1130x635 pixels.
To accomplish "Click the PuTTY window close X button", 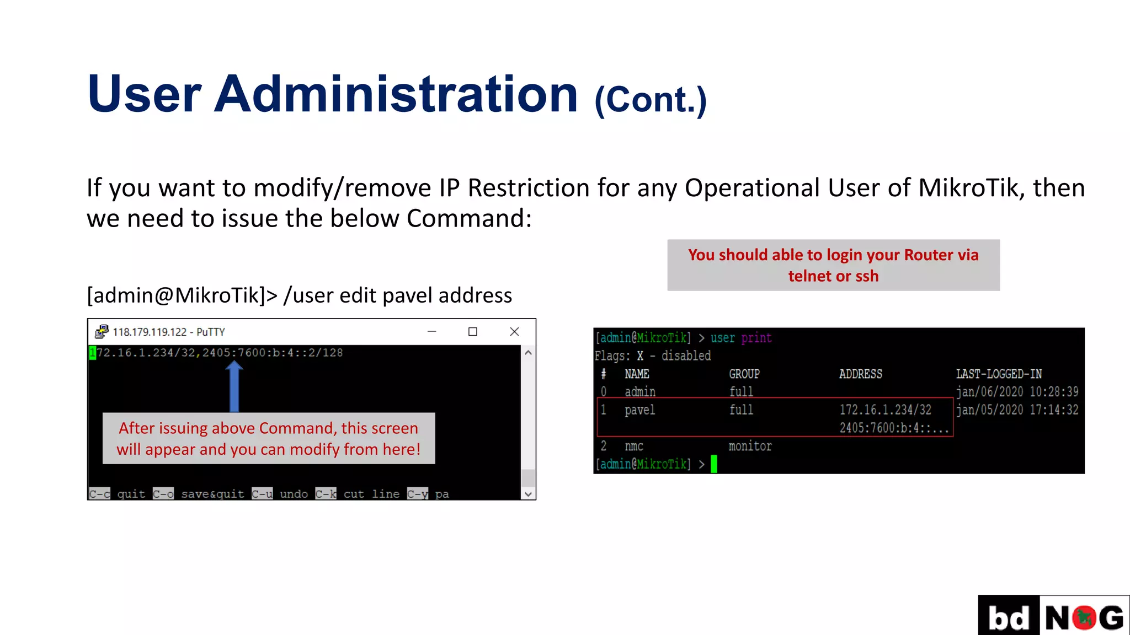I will point(514,332).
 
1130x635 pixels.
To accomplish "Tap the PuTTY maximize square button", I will point(473,332).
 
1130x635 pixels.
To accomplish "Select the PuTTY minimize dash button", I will point(432,332).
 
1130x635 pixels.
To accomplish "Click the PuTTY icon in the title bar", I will point(102,332).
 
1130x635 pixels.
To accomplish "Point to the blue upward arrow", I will point(234,386).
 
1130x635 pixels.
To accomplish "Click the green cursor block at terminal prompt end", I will point(714,464).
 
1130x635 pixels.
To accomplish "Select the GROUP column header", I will point(744,374).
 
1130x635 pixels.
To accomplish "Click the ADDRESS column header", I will point(860,374).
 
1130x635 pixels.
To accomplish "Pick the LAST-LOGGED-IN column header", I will point(999,374).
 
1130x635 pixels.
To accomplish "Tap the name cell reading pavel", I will point(640,410).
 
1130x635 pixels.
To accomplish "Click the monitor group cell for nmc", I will point(750,446).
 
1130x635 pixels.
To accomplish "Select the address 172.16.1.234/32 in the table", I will point(885,410).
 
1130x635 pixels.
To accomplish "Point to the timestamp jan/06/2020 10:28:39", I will point(1017,392).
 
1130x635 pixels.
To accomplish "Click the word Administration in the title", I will point(396,94).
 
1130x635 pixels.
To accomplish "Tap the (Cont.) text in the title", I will point(651,100).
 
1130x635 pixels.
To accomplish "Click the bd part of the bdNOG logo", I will point(1009,617).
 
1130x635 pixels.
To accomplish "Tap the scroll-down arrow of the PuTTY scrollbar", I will point(528,494).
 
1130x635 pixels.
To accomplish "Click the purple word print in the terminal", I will point(756,338).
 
